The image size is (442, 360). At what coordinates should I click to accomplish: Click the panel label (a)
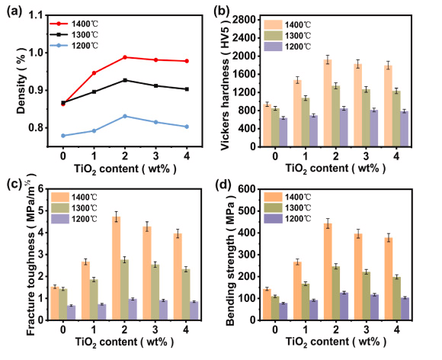(14, 11)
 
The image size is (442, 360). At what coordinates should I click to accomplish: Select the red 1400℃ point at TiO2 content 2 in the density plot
(125, 57)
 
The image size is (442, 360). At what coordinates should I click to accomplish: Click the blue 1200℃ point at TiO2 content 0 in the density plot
(62, 135)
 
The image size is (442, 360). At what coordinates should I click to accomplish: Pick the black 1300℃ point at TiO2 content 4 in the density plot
(187, 89)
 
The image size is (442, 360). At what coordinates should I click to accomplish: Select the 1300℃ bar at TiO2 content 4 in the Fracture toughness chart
(186, 287)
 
